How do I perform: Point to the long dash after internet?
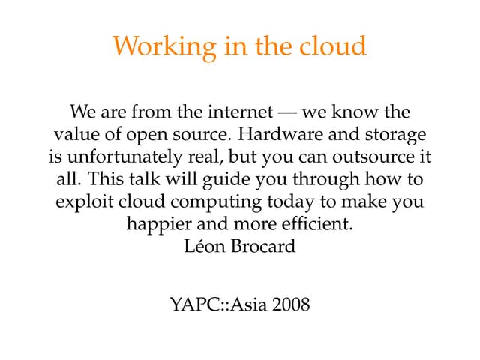pos(286,113)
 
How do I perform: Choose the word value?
pos(74,136)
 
